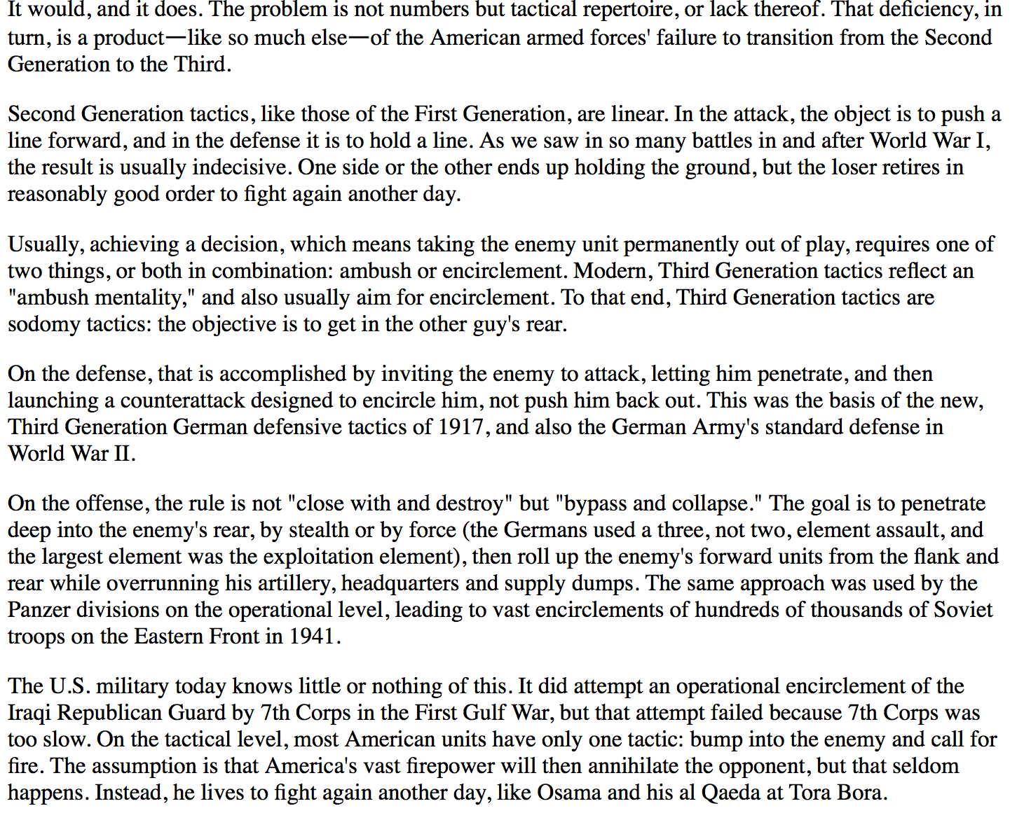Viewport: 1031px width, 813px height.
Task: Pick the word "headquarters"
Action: pos(400,583)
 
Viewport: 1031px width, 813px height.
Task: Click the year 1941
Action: pos(313,636)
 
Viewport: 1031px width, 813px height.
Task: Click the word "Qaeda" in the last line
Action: pos(731,792)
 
